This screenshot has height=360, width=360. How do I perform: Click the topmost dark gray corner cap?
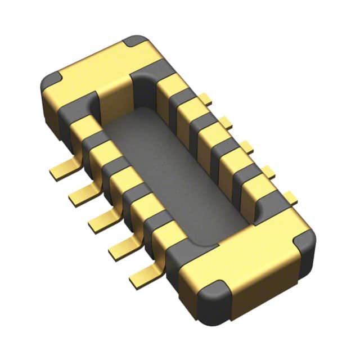point(137,41)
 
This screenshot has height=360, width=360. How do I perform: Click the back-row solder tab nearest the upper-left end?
point(206,101)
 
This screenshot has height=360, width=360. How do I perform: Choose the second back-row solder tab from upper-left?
point(226,121)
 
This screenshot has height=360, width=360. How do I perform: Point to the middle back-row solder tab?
point(246,147)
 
